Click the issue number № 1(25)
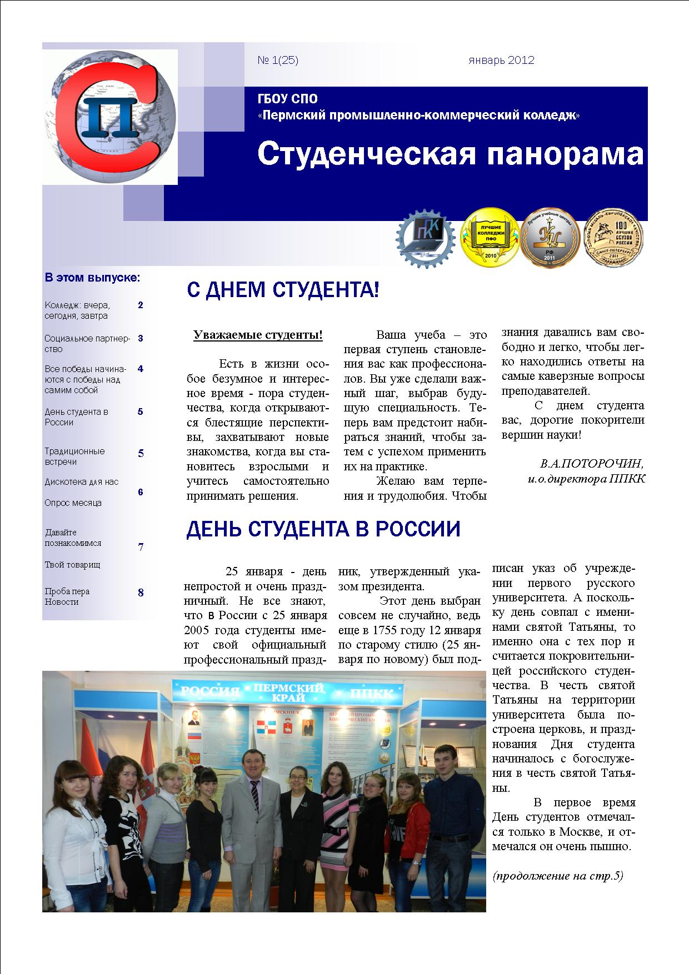[278, 61]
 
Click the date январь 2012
[501, 61]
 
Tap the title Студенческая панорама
[450, 154]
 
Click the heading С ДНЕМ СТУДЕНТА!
[283, 290]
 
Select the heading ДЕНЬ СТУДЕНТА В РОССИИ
[323, 529]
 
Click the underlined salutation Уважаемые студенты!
[258, 335]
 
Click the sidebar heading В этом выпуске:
[92, 277]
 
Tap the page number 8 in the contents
[141, 593]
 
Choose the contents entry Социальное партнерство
[87, 343]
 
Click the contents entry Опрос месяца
[73, 503]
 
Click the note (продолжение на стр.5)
[558, 876]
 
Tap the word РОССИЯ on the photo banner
[211, 691]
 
